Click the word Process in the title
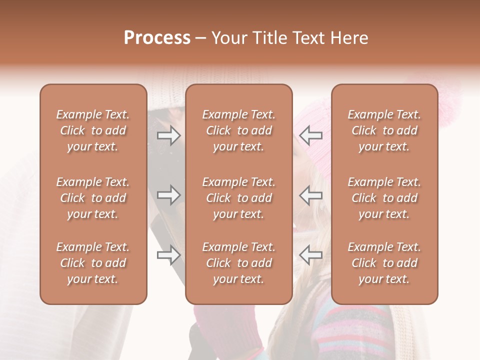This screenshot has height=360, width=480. pos(157,38)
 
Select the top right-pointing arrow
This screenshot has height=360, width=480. pos(168,134)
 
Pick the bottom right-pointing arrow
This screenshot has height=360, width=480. pos(168,255)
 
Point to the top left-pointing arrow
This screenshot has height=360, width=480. pos(311,134)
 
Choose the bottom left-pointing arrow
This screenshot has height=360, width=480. pos(311,255)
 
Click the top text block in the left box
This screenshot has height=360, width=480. pos(93,130)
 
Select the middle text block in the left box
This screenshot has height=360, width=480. pos(93,198)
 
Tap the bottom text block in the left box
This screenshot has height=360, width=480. pos(93,263)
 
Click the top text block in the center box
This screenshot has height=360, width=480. pos(238,130)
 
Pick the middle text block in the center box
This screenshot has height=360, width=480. pos(238,198)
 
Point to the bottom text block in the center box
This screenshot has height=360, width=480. pos(238,263)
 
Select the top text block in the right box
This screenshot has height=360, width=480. pos(384,130)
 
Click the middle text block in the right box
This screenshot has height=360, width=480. pos(384,198)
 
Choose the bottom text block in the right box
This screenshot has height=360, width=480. pos(384,263)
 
